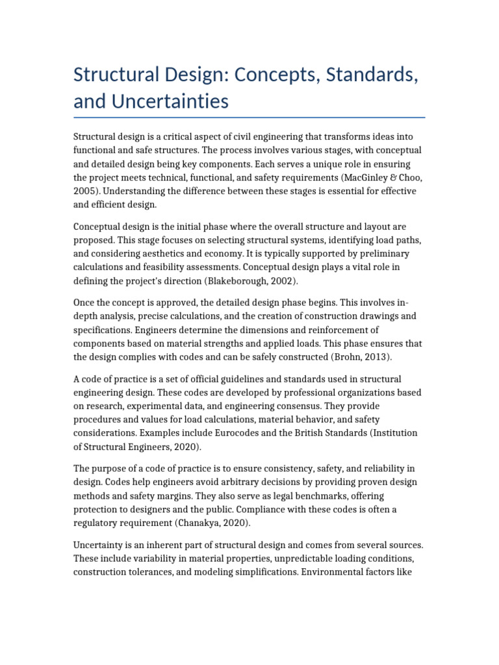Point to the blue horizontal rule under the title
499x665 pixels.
click(x=249, y=118)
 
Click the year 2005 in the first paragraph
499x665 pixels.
click(x=85, y=192)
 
